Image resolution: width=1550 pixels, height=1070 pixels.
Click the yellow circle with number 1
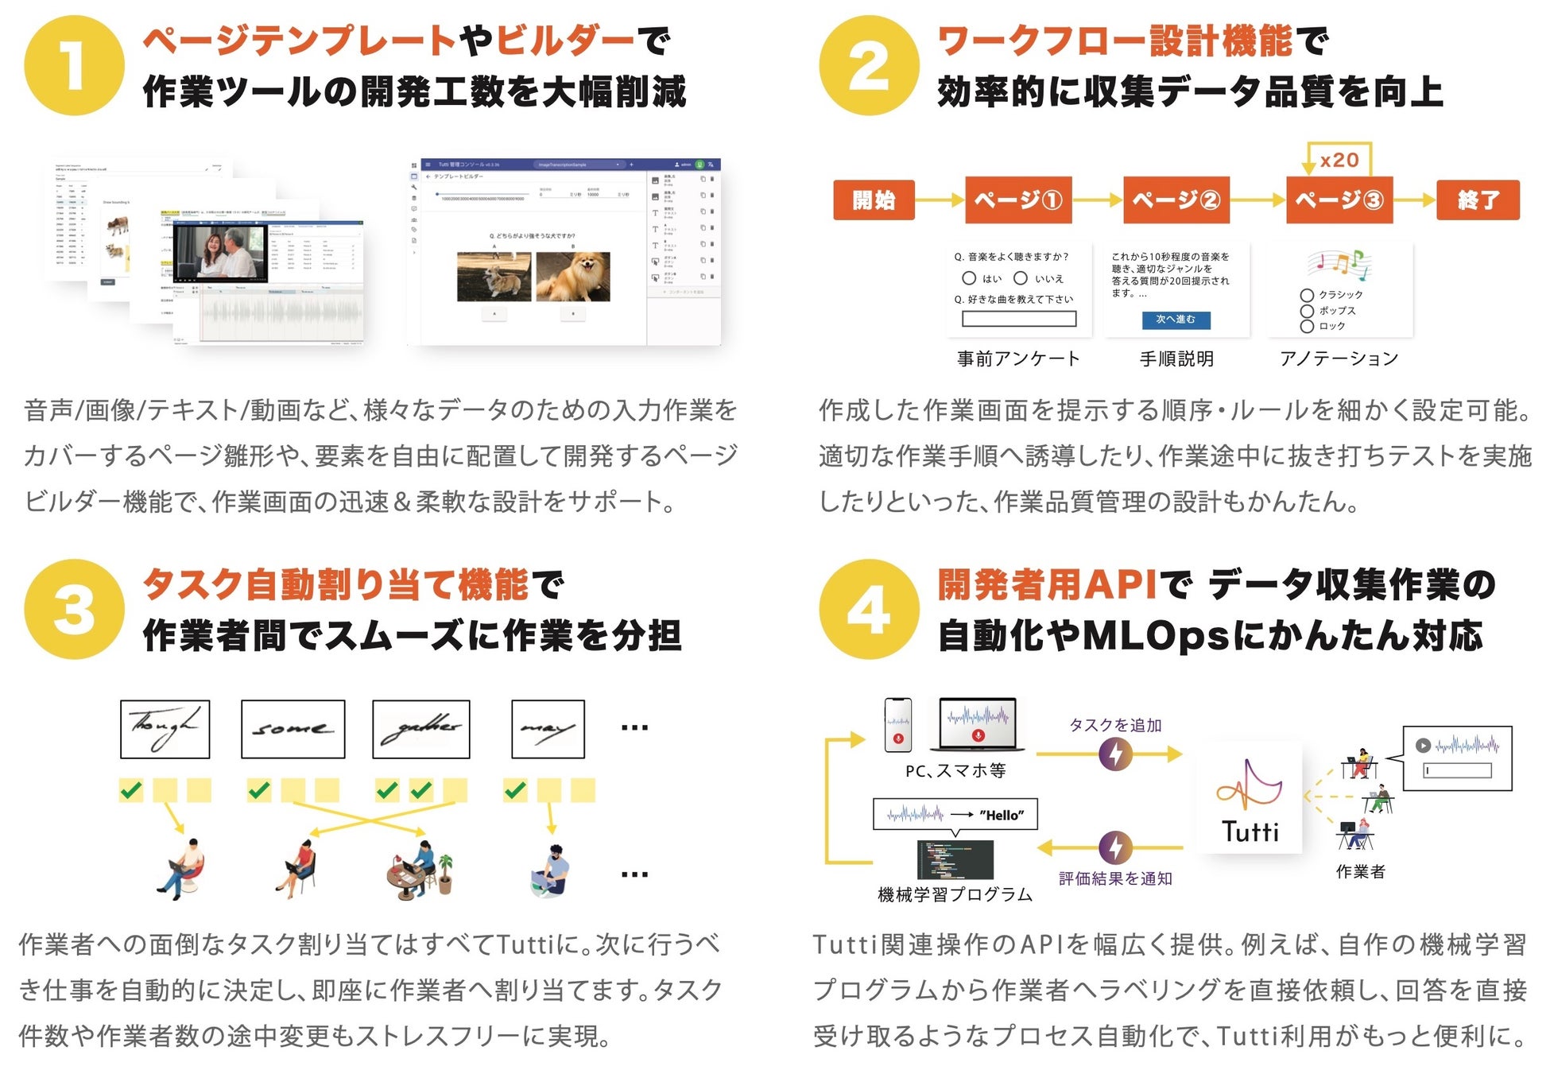coord(74,65)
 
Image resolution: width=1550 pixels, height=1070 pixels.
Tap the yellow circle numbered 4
coord(869,609)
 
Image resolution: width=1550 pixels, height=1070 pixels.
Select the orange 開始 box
coord(874,200)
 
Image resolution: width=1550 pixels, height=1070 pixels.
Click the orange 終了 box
coord(1478,200)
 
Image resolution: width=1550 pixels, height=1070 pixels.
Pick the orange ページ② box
coord(1176,200)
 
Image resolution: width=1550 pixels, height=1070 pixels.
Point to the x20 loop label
coord(1339,160)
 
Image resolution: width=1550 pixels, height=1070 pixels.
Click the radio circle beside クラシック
coord(1307,295)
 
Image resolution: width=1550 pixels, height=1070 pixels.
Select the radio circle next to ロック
coord(1307,326)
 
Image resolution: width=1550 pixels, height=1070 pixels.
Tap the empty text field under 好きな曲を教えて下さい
coord(1018,319)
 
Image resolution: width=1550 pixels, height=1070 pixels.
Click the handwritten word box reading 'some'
coord(293,729)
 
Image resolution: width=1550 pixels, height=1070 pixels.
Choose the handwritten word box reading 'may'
coord(548,729)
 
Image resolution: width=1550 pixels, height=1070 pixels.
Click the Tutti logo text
coord(1250,832)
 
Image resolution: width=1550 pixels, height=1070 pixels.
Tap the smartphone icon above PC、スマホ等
coord(898,724)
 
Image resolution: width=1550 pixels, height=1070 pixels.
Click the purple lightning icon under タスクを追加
coord(1115,754)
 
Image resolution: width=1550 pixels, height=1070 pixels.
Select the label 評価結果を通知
coord(1115,878)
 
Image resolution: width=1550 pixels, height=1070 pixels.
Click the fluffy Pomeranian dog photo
coord(573,276)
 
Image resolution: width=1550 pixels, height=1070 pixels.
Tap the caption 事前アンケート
coord(1018,359)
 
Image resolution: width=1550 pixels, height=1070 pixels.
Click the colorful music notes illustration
coord(1339,265)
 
